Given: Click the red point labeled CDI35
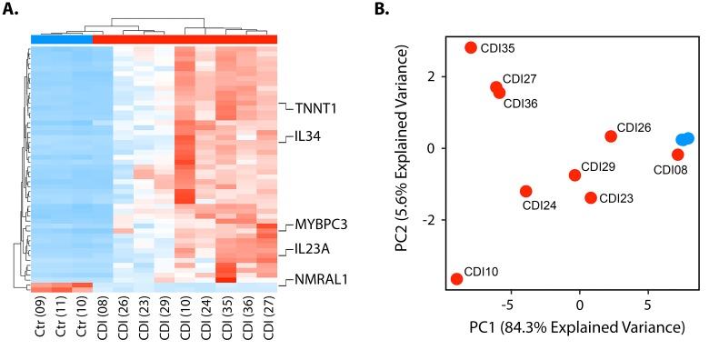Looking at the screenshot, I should click(x=471, y=47).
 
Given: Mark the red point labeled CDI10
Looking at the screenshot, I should click(x=456, y=279).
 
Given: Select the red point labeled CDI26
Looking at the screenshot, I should click(x=611, y=135).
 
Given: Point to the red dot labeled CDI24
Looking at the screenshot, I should click(x=525, y=191).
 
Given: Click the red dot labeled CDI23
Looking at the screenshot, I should click(x=591, y=197).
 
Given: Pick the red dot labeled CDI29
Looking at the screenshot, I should click(x=574, y=175).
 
